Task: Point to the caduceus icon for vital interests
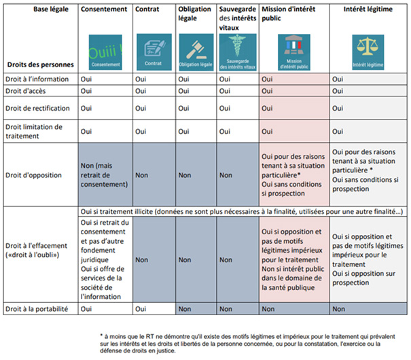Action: [x=238, y=51]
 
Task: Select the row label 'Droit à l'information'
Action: [x=39, y=79]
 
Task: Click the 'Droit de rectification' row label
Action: [x=40, y=107]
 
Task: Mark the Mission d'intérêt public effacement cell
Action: [x=293, y=259]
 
